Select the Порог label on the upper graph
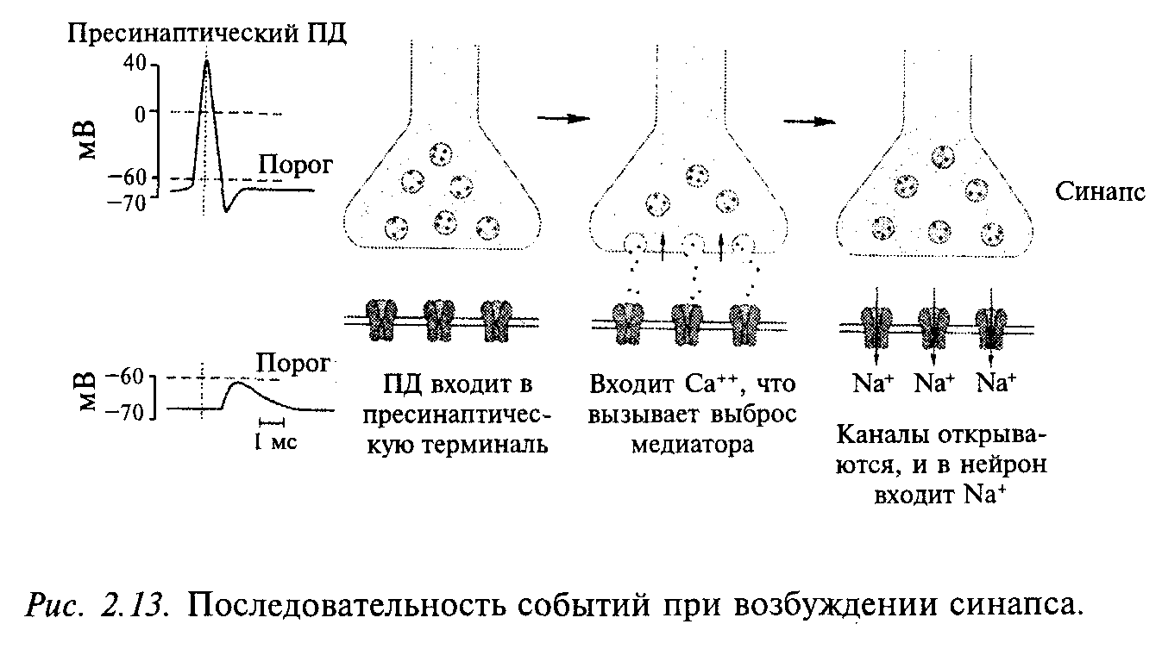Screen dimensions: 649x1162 292,165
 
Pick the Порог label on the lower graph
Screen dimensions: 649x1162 292,364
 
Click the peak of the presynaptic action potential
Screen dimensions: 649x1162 206,62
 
